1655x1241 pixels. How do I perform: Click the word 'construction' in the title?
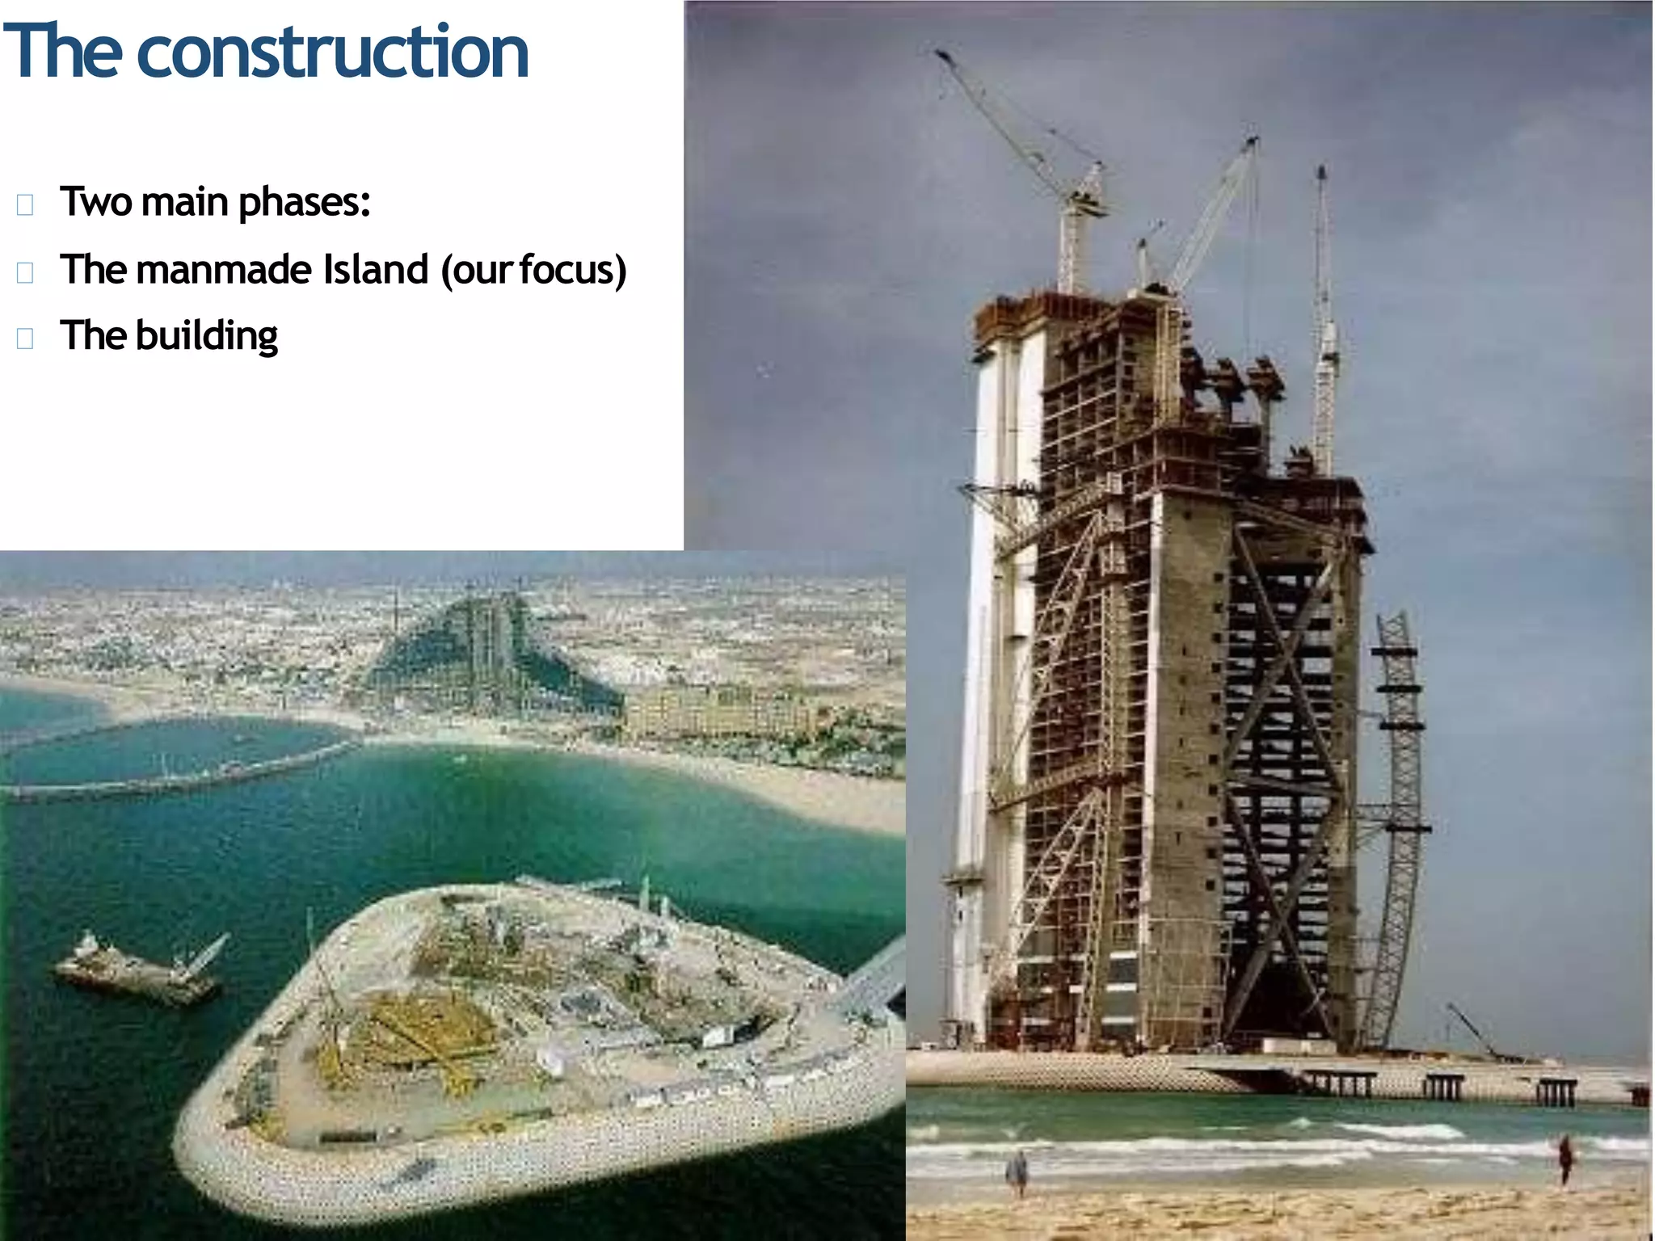coord(333,52)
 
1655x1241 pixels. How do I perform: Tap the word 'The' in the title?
coord(65,52)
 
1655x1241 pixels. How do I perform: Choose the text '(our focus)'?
coord(533,270)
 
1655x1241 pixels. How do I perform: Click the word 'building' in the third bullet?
coord(207,336)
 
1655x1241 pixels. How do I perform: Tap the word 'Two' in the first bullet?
coord(96,202)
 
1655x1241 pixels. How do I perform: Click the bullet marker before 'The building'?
coord(25,338)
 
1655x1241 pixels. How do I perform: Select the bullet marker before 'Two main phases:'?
coord(25,204)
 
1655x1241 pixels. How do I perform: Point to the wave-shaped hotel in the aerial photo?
coord(485,654)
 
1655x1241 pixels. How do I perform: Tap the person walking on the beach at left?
coord(1018,1172)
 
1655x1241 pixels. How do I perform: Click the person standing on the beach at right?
coord(1565,1159)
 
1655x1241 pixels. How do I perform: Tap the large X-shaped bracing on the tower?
coord(1285,776)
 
